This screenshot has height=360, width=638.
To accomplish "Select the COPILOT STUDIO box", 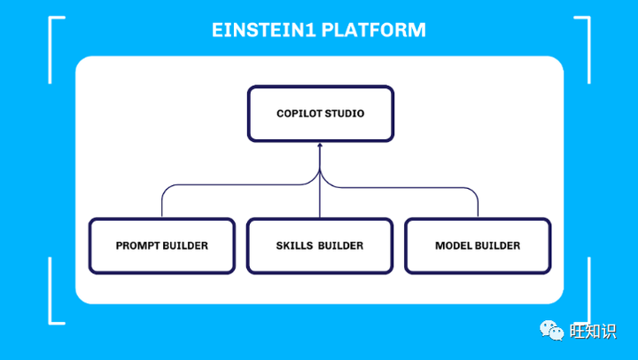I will [319, 113].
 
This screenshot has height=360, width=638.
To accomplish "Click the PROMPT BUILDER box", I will [161, 246].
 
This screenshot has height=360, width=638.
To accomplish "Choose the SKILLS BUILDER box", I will [319, 246].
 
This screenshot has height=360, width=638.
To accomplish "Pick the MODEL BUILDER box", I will [477, 246].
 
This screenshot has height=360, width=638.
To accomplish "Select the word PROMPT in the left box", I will [138, 246].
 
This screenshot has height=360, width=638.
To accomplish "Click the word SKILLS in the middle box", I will [295, 246].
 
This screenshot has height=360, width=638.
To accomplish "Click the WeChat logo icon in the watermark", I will [553, 331].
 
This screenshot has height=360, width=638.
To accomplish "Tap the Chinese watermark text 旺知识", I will [592, 331].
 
